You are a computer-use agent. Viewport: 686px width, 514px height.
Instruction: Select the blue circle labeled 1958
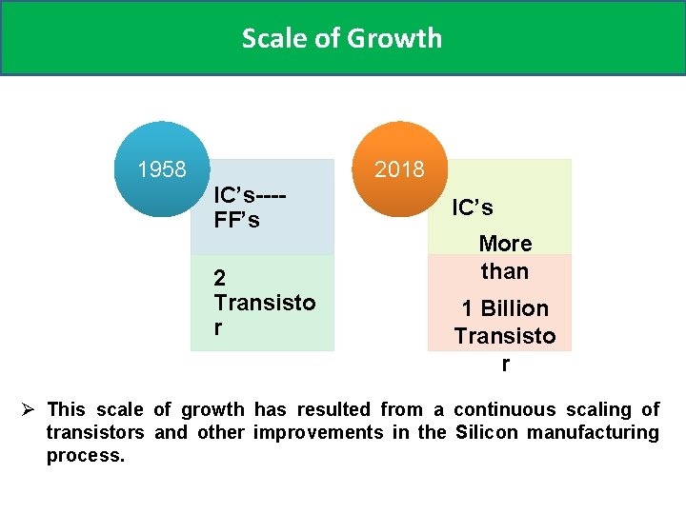pos(161,169)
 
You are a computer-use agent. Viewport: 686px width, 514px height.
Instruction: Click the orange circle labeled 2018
pos(399,169)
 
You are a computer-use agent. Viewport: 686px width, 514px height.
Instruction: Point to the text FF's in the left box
pos(236,220)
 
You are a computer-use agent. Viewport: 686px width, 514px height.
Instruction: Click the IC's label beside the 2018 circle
pos(473,208)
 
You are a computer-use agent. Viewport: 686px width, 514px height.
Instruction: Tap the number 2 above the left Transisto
pos(220,278)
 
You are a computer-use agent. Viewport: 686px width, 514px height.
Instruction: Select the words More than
pos(504,257)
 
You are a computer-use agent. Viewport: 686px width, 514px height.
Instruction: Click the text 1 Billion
pos(505,308)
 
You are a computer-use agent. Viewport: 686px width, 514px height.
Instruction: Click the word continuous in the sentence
pos(504,409)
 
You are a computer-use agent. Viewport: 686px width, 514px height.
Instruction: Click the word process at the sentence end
pos(84,455)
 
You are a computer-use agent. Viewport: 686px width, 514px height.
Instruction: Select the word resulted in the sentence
pos(333,409)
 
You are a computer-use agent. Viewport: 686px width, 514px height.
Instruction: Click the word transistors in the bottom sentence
pos(95,432)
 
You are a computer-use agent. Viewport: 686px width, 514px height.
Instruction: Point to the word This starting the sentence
pos(66,409)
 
